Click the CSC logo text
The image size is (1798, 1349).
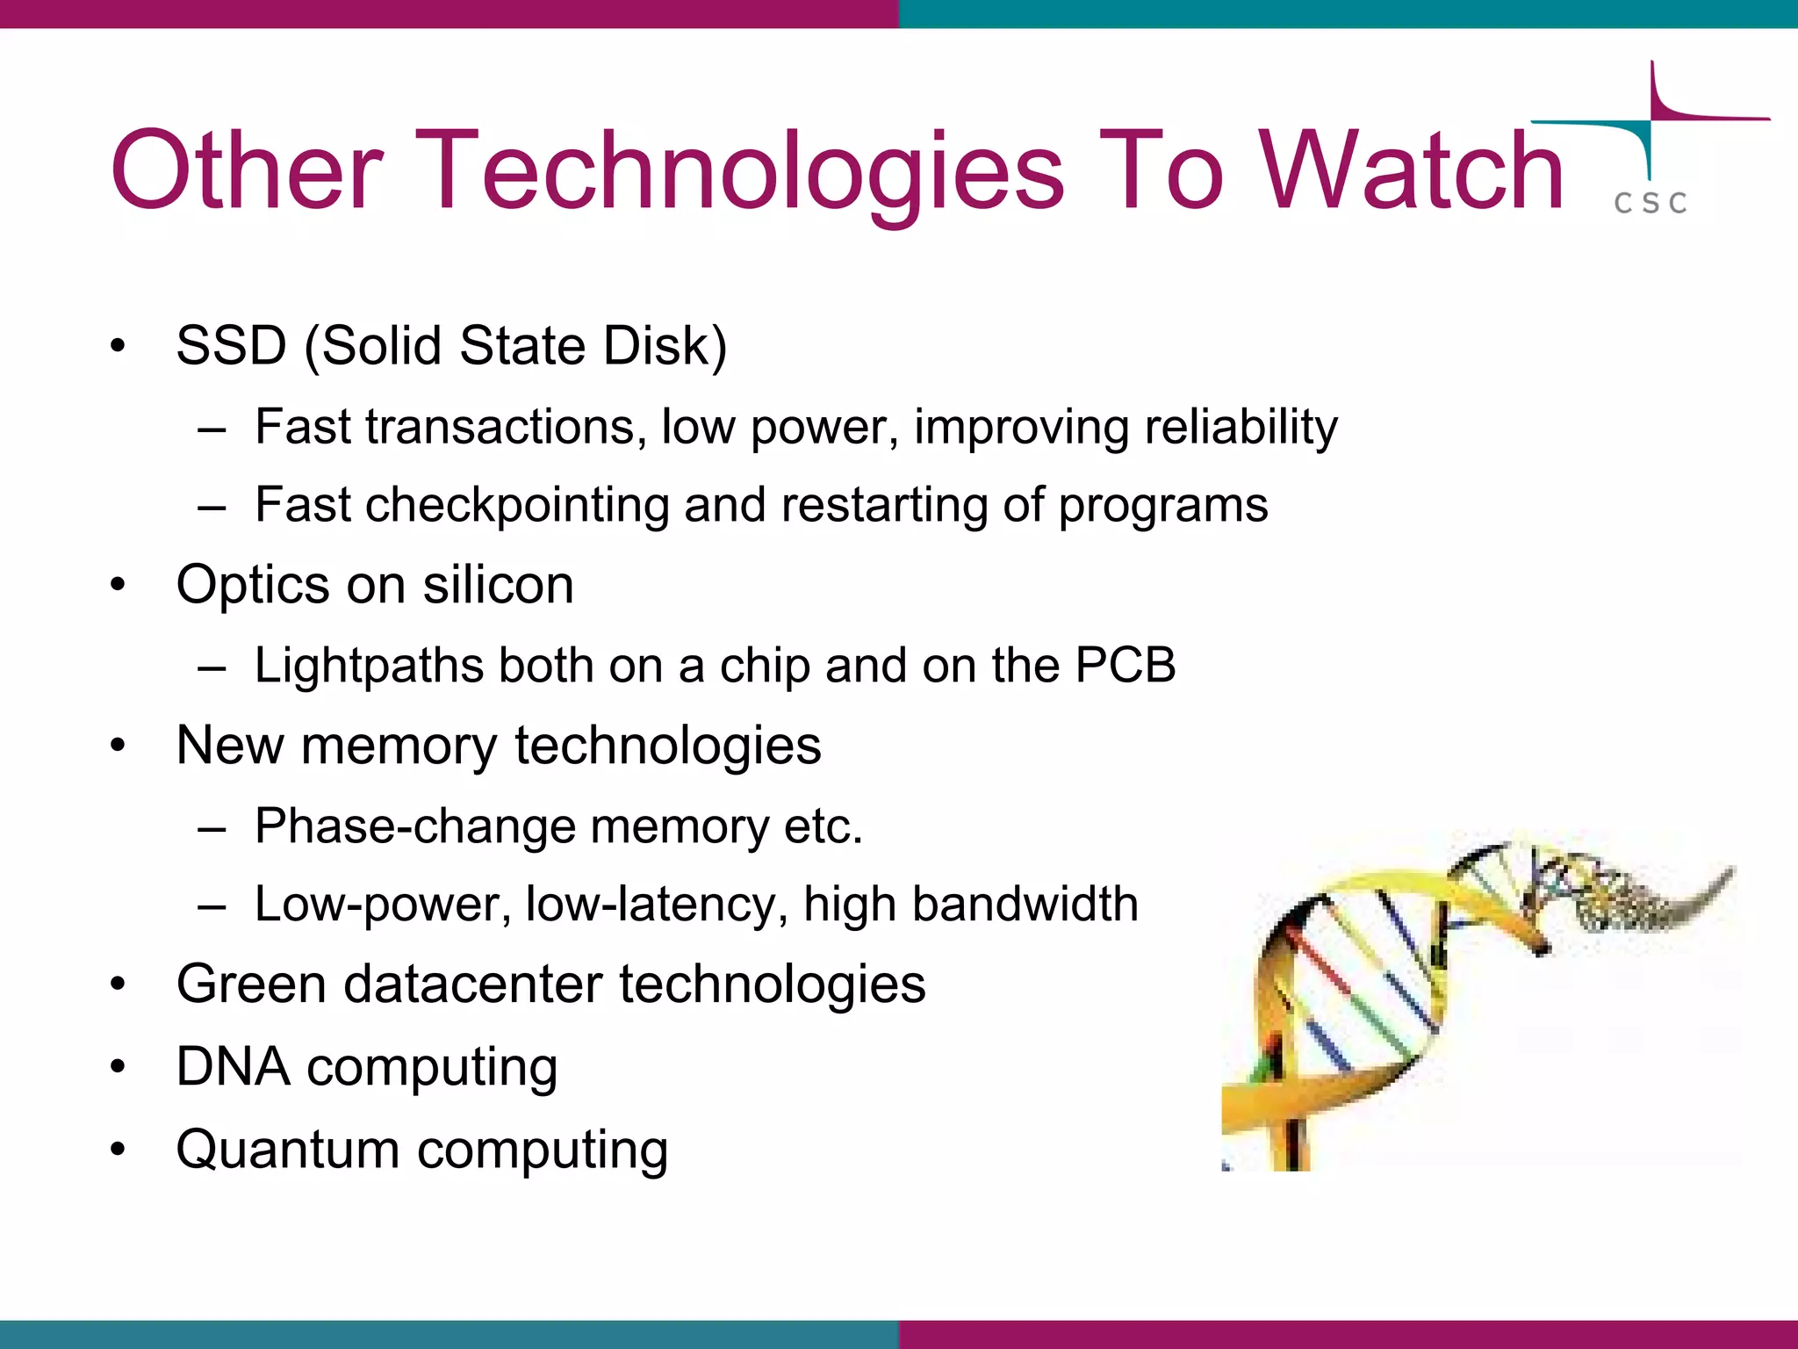[1651, 203]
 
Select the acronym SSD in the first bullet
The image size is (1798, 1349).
[231, 345]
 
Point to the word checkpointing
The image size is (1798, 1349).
[517, 505]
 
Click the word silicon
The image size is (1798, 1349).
[498, 585]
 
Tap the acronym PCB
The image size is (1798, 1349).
[1126, 665]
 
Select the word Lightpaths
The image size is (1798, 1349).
[369, 665]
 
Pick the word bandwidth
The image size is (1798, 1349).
[1025, 904]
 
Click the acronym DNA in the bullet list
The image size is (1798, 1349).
[233, 1066]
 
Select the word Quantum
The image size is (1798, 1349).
[288, 1150]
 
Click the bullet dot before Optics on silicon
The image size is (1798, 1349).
[119, 586]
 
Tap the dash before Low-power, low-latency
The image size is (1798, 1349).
[212, 905]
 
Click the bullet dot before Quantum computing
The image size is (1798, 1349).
[119, 1150]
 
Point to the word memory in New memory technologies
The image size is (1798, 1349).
[399, 746]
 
